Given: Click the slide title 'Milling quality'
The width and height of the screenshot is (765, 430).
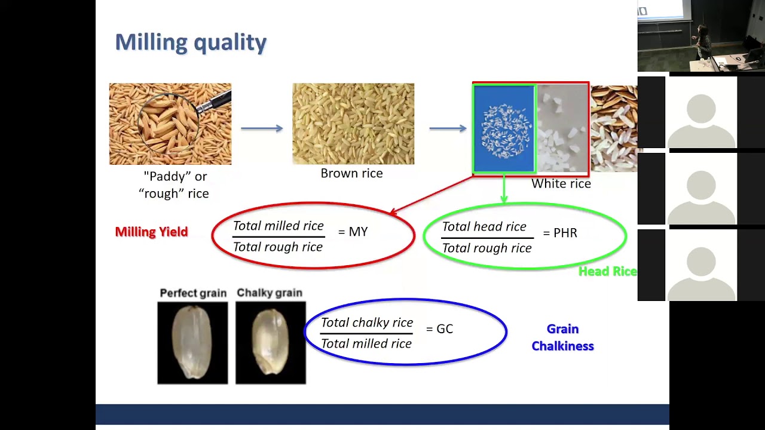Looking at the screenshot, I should coord(191,42).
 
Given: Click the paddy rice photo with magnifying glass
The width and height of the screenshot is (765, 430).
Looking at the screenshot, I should coord(170,124).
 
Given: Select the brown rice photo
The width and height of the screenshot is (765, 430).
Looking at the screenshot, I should coord(353,124).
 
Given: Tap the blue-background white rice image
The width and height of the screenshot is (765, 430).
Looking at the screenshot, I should coord(504,128).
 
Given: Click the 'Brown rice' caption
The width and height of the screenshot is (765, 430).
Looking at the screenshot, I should coord(351,173).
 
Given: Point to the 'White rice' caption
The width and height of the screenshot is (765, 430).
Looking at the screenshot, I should coord(561,184).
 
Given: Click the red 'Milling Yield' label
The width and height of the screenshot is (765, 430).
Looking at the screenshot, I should coord(151,232).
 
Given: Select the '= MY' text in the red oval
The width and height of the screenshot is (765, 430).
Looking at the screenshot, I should coord(353,232).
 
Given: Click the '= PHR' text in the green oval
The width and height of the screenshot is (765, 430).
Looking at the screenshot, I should coord(560,233).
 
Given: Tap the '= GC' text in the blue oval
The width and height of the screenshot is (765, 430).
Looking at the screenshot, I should coord(439,329).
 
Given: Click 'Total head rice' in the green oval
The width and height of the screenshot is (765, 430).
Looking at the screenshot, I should coord(484,227).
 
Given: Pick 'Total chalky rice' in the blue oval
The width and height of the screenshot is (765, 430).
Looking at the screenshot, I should coord(367,322).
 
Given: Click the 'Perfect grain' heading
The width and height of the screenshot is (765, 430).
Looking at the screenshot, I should coord(193,293).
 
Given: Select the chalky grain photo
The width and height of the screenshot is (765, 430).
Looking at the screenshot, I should coord(270,343).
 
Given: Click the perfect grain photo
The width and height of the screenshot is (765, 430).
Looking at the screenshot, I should coord(192,343).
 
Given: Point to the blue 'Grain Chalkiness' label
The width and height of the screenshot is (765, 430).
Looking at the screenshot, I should coord(562,337).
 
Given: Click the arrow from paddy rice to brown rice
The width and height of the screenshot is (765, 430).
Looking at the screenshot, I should coord(262,128).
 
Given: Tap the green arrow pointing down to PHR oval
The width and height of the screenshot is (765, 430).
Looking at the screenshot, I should coord(504,190).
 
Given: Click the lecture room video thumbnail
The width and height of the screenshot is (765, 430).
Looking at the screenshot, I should coord(701,36).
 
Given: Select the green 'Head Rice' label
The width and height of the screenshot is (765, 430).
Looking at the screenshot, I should coord(607,272).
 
